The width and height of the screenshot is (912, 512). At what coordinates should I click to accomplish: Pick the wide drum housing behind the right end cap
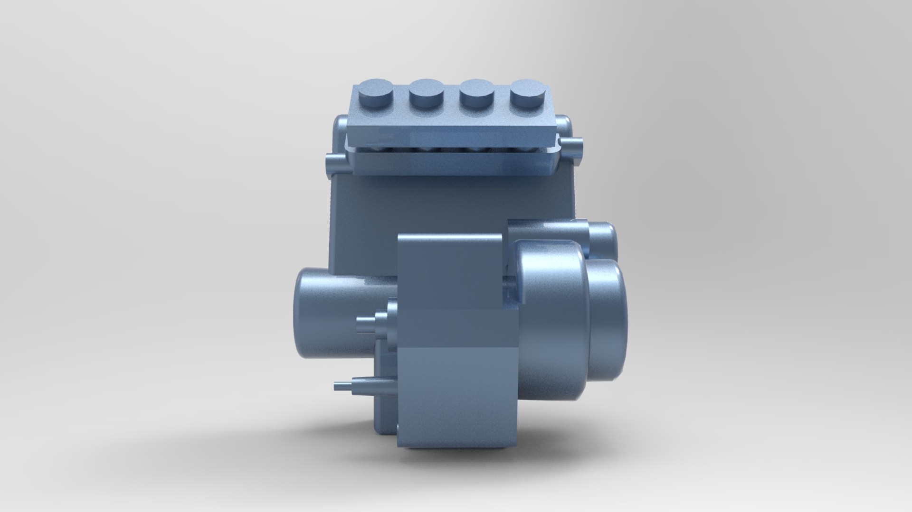551,318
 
